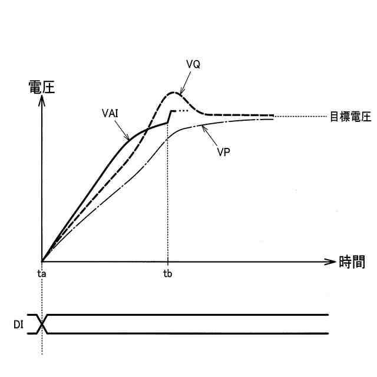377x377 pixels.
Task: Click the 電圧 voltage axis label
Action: pyautogui.click(x=41, y=87)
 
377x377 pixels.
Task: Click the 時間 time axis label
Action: pyautogui.click(x=352, y=262)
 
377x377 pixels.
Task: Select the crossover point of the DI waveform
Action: pyautogui.click(x=42, y=324)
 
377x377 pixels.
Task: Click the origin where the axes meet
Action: pyautogui.click(x=42, y=261)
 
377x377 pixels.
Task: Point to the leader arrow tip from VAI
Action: pyautogui.click(x=130, y=139)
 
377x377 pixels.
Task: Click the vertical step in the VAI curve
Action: pyautogui.click(x=169, y=117)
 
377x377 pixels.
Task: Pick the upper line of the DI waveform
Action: pyautogui.click(x=188, y=315)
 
